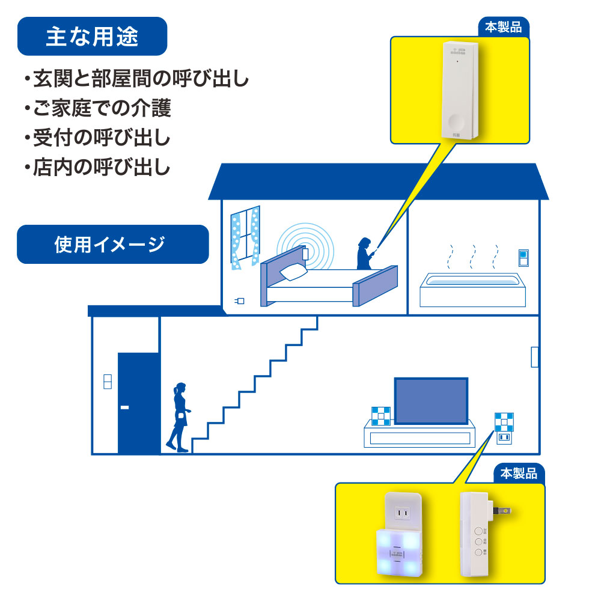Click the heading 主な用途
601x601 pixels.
(x=92, y=37)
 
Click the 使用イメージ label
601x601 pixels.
(x=112, y=244)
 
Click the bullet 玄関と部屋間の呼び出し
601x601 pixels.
(x=136, y=79)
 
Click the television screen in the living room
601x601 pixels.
(x=430, y=400)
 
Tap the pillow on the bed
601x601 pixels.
(x=293, y=271)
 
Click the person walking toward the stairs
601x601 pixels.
(x=179, y=416)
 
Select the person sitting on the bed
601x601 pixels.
(x=364, y=254)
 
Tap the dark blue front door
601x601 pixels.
(x=138, y=403)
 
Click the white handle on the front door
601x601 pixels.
(x=124, y=408)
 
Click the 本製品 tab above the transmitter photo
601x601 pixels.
(x=504, y=27)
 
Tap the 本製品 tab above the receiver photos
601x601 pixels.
(x=519, y=474)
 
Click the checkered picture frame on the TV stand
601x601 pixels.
(x=380, y=415)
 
